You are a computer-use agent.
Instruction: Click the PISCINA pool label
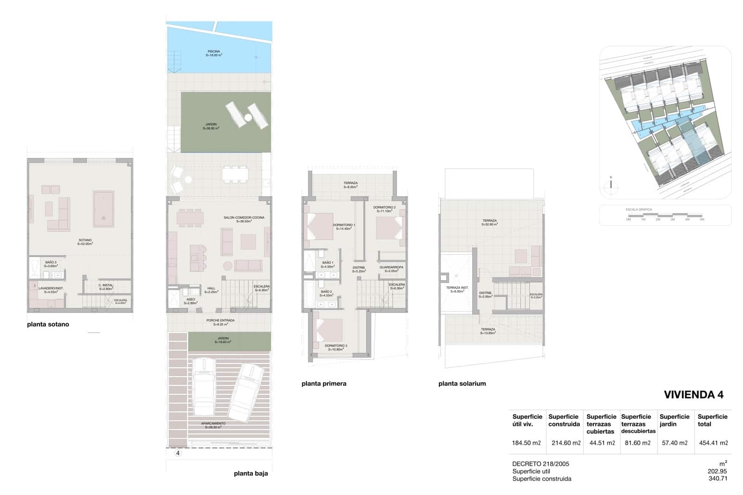tap(214, 52)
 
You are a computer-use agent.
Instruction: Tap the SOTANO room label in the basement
tap(85, 241)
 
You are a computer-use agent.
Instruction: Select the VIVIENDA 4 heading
tap(694, 395)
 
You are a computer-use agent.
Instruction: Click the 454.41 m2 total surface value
tap(713, 443)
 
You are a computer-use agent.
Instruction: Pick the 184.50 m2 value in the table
tap(526, 443)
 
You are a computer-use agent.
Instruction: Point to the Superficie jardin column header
tap(674, 420)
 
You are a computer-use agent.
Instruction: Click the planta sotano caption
tap(48, 325)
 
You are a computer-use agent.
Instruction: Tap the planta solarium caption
tap(462, 384)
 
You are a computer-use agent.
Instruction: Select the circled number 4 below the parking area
tap(178, 453)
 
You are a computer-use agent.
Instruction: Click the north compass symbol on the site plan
tap(611, 184)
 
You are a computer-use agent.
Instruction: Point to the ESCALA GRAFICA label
tap(639, 209)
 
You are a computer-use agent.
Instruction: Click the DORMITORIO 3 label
tap(336, 346)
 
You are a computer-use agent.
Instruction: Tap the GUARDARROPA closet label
tap(391, 267)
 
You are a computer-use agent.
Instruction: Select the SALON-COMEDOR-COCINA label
tap(244, 218)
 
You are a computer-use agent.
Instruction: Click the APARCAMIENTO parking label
tap(213, 423)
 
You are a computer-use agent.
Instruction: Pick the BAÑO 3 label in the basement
tap(51, 263)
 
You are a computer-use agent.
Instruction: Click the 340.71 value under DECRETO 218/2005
tap(717, 479)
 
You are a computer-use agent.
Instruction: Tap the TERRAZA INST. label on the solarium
tap(457, 288)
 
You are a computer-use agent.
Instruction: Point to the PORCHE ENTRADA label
tap(220, 320)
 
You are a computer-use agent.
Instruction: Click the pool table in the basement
tap(103, 209)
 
